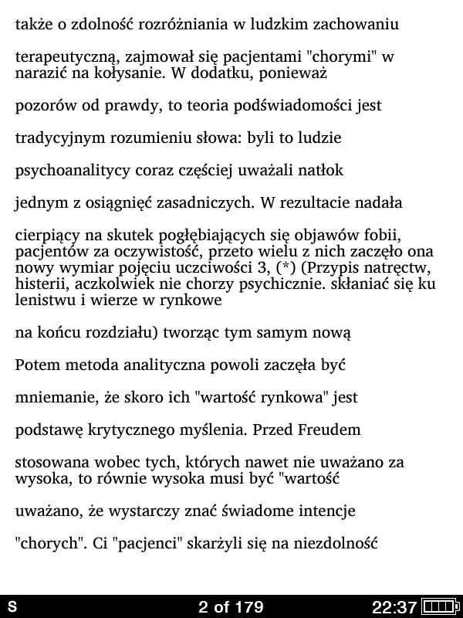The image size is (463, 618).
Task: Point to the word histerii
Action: click(x=39, y=284)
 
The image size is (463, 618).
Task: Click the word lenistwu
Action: click(x=42, y=301)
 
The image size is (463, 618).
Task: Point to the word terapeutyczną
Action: click(x=64, y=57)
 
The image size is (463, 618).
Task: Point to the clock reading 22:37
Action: click(x=394, y=606)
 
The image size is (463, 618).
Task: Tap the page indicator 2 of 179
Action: click(x=231, y=606)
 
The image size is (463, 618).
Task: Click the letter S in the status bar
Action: click(x=12, y=606)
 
